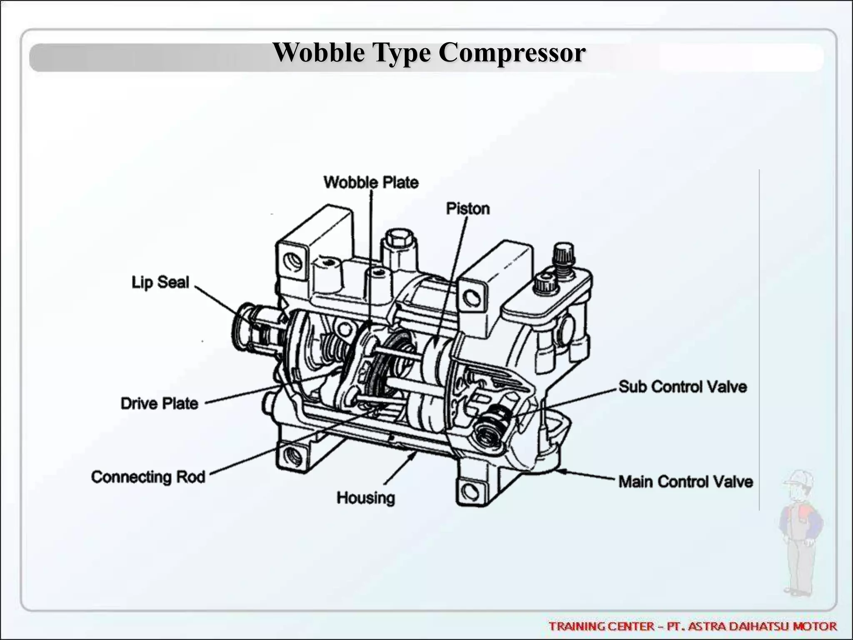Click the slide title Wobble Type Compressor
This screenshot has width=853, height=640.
(429, 53)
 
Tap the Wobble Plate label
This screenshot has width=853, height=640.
(371, 182)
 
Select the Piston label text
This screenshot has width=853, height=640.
(468, 208)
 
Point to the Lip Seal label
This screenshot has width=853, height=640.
(160, 282)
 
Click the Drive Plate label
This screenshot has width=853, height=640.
(160, 403)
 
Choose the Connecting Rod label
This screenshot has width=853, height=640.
(148, 477)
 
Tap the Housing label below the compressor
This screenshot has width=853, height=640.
(366, 497)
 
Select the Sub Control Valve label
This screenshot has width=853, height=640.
(683, 387)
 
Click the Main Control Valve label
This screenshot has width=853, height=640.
(686, 482)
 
